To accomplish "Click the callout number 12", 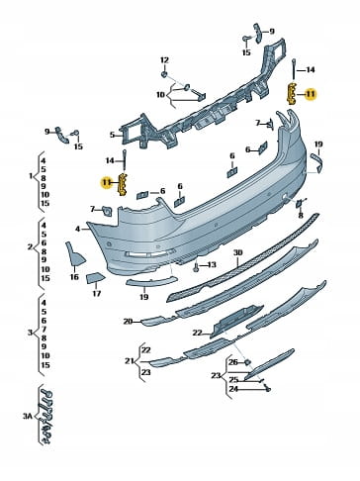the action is coord(164,60).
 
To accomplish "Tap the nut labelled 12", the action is coord(164,75).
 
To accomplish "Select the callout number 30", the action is coord(237,253).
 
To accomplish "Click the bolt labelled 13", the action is coord(196,266).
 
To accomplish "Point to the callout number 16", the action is coord(74,277).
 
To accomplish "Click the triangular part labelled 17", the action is coord(95,278).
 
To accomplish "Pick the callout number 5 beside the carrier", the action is coord(112,135).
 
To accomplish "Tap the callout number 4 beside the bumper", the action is coord(77,229).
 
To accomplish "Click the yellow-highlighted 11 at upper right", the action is coord(310,94).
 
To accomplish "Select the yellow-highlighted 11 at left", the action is coord(107,182).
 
